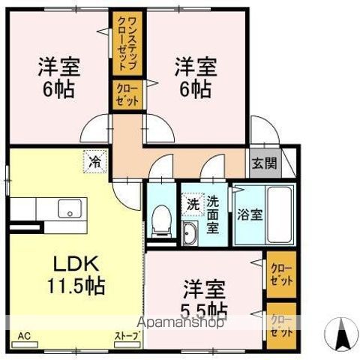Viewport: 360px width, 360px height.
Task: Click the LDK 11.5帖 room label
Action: pyautogui.click(x=77, y=273)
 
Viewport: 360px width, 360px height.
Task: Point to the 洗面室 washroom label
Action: pyautogui.click(x=212, y=213)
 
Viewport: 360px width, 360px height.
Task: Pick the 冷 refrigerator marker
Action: pyautogui.click(x=95, y=160)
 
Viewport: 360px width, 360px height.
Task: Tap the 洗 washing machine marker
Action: pyautogui.click(x=191, y=203)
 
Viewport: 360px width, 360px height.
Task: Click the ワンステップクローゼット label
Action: pyautogui.click(x=125, y=43)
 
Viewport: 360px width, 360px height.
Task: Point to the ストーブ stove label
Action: pyautogui.click(x=126, y=335)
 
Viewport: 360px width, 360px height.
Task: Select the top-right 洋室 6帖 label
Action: pyautogui.click(x=195, y=76)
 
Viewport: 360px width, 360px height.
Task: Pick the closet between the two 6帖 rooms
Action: pyautogui.click(x=125, y=96)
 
